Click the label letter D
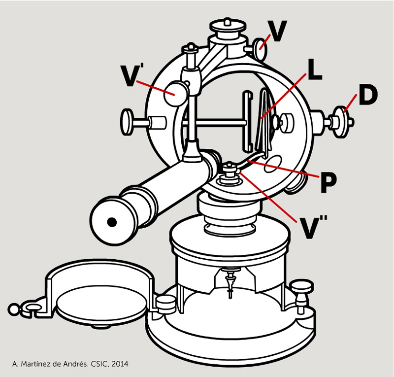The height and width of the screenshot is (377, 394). click(x=367, y=97)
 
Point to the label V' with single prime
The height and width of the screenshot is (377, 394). click(x=130, y=76)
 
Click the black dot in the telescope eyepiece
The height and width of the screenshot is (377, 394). click(x=112, y=222)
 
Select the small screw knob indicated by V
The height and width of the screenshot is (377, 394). click(x=261, y=47)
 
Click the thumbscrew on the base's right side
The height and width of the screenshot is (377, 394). click(x=302, y=289)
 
